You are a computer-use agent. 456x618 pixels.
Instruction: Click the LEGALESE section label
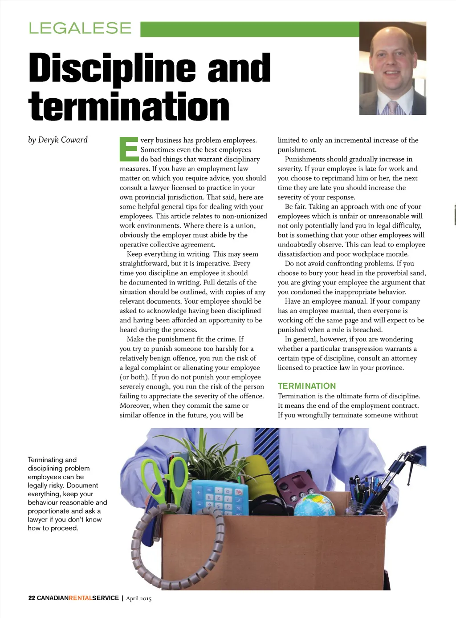[x=80, y=28]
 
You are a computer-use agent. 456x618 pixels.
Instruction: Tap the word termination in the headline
[x=129, y=107]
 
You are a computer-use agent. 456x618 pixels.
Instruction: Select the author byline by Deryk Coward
[x=58, y=140]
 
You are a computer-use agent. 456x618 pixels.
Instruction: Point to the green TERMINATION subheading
[x=306, y=386]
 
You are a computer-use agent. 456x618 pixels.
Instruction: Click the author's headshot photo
[x=392, y=68]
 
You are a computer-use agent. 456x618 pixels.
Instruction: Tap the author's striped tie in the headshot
[x=393, y=108]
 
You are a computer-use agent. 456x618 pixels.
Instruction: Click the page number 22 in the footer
[x=32, y=598]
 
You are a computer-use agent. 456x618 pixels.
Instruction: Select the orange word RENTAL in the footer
[x=80, y=598]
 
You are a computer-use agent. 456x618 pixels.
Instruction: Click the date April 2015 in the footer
[x=138, y=598]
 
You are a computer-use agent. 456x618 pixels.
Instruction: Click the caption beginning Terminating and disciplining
[x=67, y=494]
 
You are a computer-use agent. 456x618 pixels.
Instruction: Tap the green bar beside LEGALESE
[x=249, y=29]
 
